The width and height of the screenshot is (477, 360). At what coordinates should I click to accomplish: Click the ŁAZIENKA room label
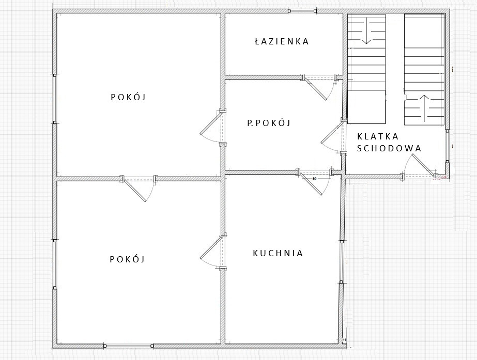(x=281, y=41)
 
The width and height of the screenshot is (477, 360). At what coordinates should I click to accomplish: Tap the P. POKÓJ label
(x=269, y=123)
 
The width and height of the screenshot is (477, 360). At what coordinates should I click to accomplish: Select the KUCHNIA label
(x=278, y=253)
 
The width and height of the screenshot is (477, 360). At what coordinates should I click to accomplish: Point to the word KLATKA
(x=378, y=136)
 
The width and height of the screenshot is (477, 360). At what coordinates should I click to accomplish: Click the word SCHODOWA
(x=389, y=148)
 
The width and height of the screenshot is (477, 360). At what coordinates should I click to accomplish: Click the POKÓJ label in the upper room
(x=128, y=97)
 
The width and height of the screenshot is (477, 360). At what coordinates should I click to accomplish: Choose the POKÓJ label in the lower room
(x=127, y=259)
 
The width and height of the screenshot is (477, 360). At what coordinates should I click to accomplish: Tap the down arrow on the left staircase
(x=366, y=30)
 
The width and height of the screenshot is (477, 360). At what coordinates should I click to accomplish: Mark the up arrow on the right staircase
(x=425, y=107)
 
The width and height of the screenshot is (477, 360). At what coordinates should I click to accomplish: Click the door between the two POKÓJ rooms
(x=139, y=188)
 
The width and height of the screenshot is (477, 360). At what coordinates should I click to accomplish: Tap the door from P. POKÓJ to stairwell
(x=334, y=136)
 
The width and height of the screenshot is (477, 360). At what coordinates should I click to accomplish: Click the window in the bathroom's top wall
(x=302, y=11)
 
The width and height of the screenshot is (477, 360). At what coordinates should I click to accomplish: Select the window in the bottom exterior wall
(x=129, y=346)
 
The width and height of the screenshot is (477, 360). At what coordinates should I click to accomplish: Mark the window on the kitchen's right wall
(x=342, y=262)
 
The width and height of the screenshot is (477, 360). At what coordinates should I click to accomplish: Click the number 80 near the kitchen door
(x=315, y=179)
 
